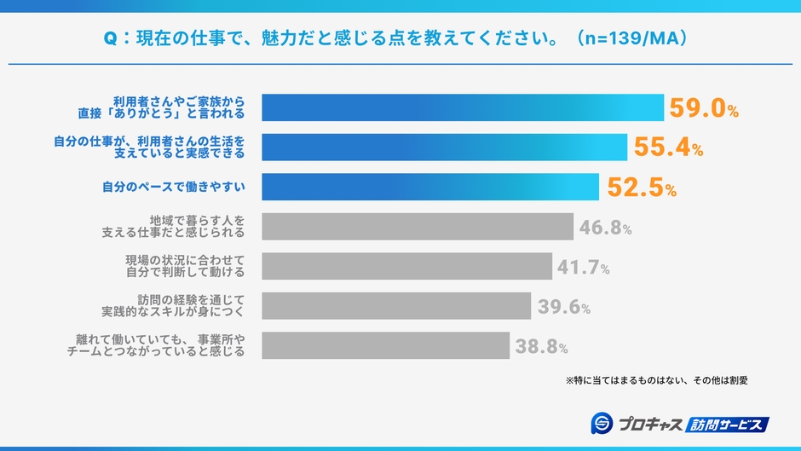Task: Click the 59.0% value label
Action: pos(703,108)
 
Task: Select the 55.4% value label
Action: pos(668,147)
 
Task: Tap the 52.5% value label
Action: pos(641,188)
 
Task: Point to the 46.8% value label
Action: pos(605,228)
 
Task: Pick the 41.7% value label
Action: pos(583,267)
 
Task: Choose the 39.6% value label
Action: pos(563,307)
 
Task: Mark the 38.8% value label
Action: pos(541,346)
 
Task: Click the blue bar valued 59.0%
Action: pos(463,108)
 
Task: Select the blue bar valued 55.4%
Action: pos(445,147)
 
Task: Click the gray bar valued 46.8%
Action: pos(418,227)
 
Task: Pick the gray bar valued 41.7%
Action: pos(407,266)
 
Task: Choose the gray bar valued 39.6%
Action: pos(396,306)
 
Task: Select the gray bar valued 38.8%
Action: pos(386,345)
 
